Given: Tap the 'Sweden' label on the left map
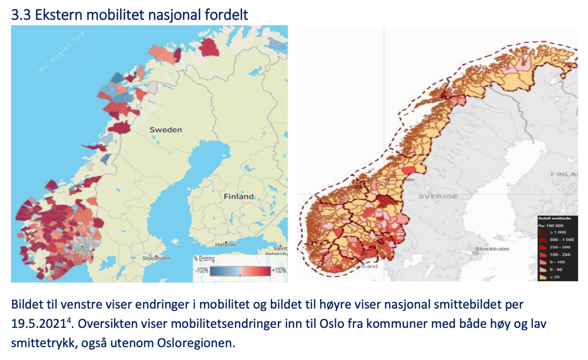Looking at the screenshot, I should point(165,130).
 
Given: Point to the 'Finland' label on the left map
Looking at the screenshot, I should point(238,197).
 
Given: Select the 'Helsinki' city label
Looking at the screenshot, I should point(226,244).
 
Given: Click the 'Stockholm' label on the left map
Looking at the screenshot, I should point(156,258).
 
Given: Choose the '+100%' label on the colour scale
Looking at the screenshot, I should point(279,270).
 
